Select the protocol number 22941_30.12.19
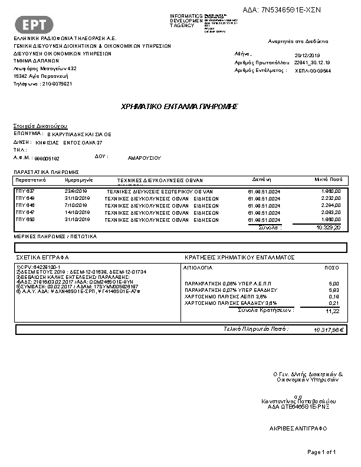(x=312, y=62)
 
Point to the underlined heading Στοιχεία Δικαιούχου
(x=41, y=126)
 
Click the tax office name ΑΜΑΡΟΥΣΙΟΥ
(x=145, y=158)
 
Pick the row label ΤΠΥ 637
(x=25, y=192)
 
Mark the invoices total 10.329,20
(x=328, y=227)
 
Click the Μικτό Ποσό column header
(x=327, y=179)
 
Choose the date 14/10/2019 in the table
(x=75, y=212)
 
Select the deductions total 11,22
(x=333, y=311)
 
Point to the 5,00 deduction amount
(x=334, y=284)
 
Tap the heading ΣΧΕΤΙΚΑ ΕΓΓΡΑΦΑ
(x=42, y=258)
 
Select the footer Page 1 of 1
(x=321, y=452)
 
